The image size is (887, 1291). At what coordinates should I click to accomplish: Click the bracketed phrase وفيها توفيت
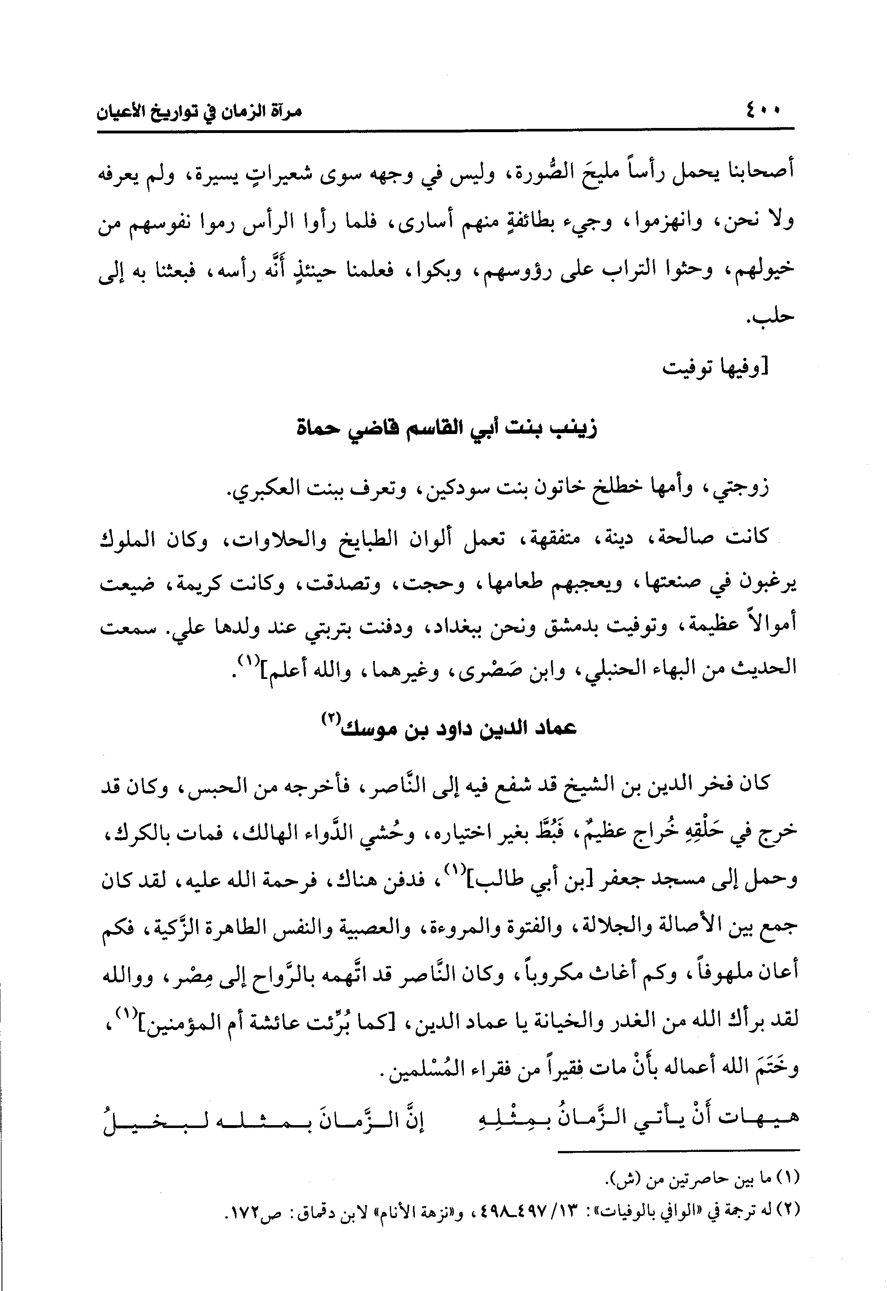tap(716, 368)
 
